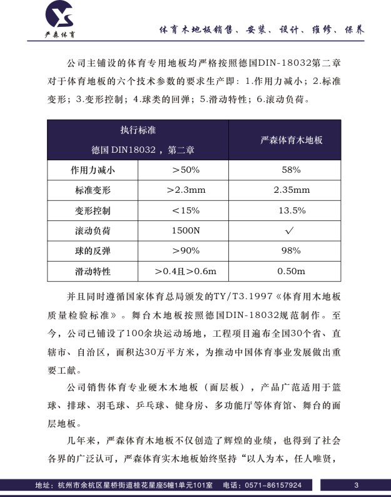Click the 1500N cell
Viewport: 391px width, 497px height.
click(185, 230)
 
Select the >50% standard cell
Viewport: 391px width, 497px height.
click(185, 170)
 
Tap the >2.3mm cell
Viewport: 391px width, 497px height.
click(185, 190)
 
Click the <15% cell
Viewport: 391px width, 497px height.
click(185, 210)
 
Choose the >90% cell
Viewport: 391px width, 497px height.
click(185, 250)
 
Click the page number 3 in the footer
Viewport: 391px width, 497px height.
click(356, 485)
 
